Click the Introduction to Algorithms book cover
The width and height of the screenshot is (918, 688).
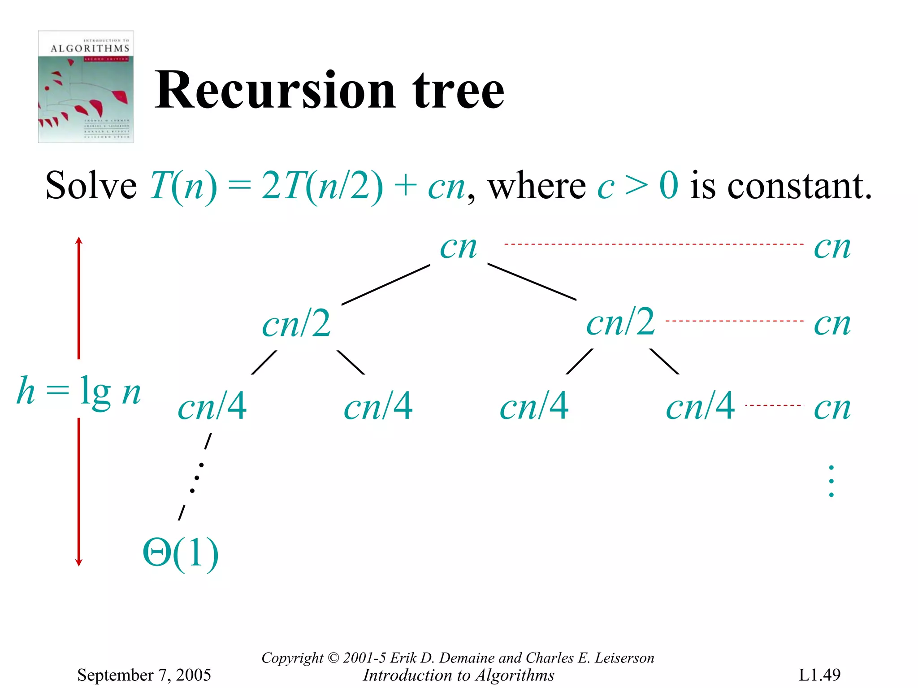coord(86,87)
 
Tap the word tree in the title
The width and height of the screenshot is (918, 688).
coord(458,91)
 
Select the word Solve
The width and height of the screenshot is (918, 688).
coord(91,185)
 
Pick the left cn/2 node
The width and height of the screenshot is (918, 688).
coord(297,324)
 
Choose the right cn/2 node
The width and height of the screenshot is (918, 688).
coord(621,322)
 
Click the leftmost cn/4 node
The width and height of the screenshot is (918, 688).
coord(212,406)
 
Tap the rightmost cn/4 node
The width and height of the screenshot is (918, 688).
coord(700,406)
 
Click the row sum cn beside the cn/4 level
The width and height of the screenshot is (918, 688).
coord(832,407)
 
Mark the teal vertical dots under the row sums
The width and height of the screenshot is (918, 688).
coord(831,481)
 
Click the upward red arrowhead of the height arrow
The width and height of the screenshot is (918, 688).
coord(79,241)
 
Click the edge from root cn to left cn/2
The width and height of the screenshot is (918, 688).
coord(385,285)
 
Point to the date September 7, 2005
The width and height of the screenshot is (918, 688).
coord(144,675)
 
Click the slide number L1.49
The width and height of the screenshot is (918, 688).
coord(819,675)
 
